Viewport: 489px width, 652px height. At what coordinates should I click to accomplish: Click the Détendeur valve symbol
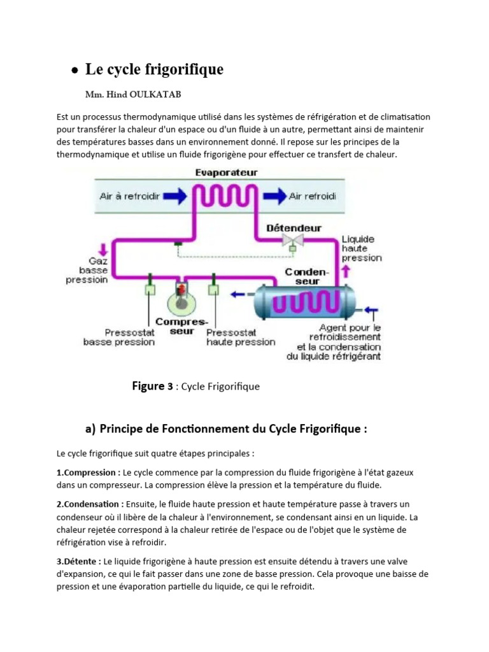point(292,239)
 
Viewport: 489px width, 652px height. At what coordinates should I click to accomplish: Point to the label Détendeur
point(294,227)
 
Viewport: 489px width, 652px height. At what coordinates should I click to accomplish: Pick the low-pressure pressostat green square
point(150,290)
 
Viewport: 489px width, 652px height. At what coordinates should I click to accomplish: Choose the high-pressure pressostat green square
point(213,290)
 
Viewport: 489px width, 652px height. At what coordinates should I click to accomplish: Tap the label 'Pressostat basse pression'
point(119,337)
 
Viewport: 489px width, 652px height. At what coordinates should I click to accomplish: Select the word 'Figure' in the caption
point(148,386)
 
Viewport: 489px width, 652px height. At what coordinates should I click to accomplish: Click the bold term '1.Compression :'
point(89,473)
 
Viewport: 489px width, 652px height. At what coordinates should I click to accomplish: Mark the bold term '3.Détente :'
point(78,561)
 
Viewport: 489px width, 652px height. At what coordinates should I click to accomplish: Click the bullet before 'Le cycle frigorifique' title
point(75,71)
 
